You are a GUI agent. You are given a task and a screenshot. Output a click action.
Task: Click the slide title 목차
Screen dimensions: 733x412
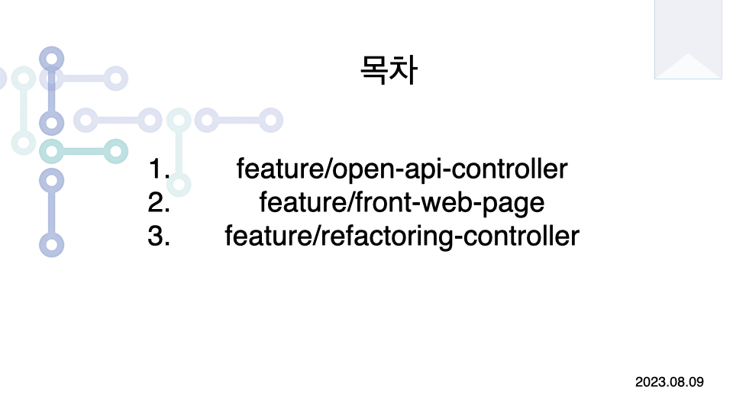pyautogui.click(x=387, y=69)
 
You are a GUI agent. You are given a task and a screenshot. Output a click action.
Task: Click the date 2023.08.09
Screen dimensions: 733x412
pyautogui.click(x=669, y=381)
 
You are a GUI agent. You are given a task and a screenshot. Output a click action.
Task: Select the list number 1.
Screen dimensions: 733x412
pyautogui.click(x=160, y=169)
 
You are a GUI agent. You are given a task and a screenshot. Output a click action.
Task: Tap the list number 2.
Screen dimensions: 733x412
pyautogui.click(x=159, y=202)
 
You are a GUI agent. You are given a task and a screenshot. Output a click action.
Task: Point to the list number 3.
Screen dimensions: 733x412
pyautogui.click(x=159, y=236)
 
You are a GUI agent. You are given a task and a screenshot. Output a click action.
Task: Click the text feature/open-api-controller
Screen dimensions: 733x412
pyautogui.click(x=402, y=169)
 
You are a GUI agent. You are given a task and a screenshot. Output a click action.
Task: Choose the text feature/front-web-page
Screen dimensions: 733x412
pyautogui.click(x=402, y=202)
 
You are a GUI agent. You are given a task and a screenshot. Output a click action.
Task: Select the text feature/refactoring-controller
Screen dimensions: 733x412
pyautogui.click(x=402, y=236)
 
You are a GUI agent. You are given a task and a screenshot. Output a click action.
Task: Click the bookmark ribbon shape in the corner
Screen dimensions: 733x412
pyautogui.click(x=688, y=39)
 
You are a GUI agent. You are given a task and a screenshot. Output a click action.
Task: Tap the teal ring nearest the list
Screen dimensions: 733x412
pyautogui.click(x=115, y=151)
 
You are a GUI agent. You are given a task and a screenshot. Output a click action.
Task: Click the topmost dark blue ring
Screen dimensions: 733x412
pyautogui.click(x=51, y=58)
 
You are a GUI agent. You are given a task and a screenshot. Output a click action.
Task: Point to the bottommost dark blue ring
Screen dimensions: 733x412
pyautogui.click(x=51, y=245)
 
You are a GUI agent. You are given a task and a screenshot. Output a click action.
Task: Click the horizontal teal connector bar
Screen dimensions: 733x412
pyautogui.click(x=82, y=151)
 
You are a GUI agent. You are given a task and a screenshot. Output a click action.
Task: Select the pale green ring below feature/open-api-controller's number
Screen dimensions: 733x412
pyautogui.click(x=179, y=184)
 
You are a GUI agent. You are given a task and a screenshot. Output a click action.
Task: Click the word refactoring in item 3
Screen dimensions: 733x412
pyautogui.click(x=392, y=237)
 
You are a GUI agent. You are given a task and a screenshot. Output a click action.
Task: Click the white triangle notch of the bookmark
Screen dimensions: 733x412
pyautogui.click(x=688, y=67)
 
